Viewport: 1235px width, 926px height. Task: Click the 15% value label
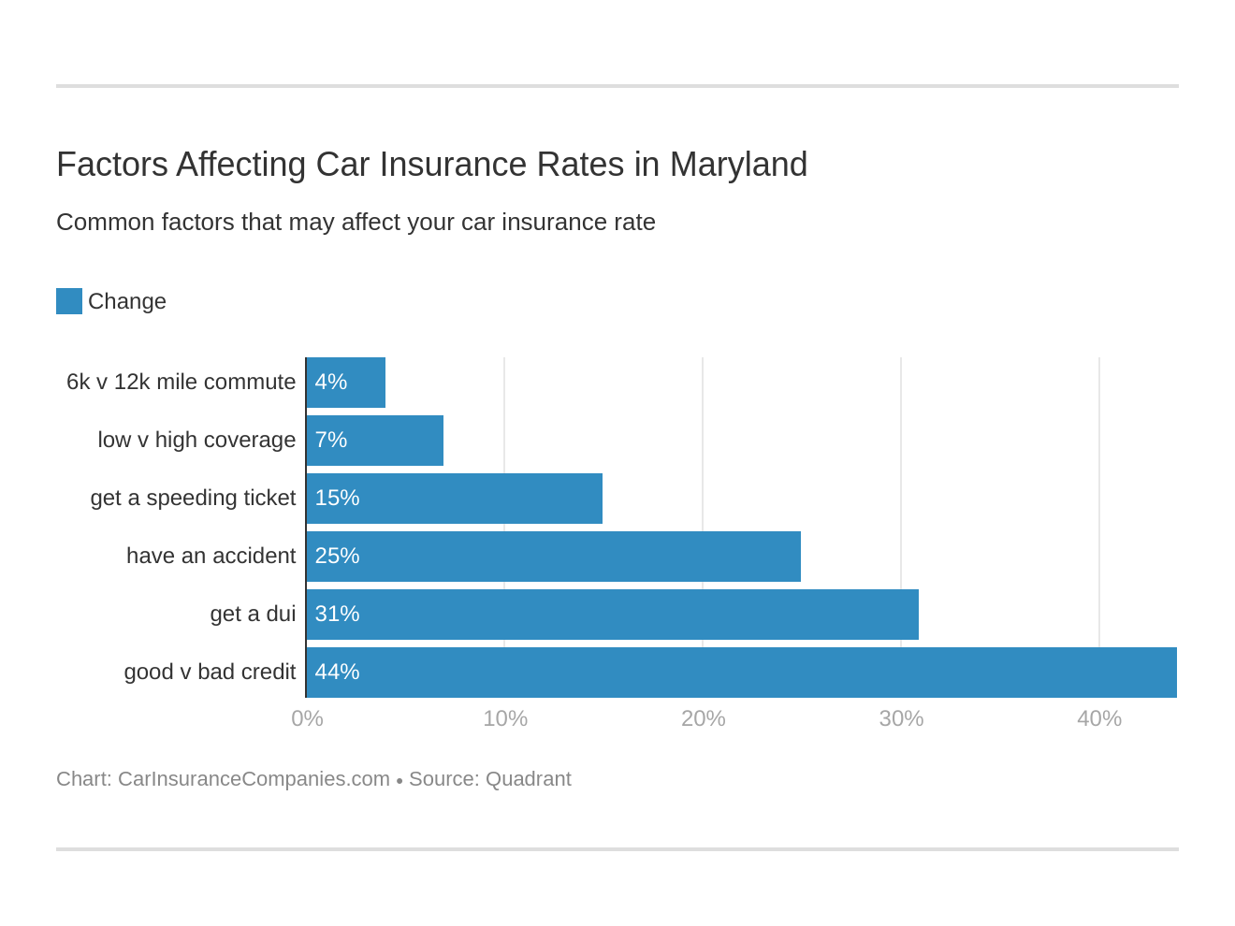tap(337, 499)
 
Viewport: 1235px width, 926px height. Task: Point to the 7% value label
tap(331, 441)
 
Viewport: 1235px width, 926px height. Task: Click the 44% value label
tap(337, 673)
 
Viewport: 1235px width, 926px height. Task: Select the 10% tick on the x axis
tap(505, 718)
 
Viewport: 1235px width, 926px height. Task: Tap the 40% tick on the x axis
tap(1099, 718)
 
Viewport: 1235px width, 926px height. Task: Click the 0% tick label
tap(307, 718)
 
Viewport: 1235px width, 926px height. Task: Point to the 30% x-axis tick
tap(901, 718)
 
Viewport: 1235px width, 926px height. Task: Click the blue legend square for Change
tap(69, 301)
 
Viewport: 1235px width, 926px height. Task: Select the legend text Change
tap(127, 301)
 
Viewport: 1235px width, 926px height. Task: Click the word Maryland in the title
tap(738, 165)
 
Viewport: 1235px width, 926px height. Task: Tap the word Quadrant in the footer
tap(529, 779)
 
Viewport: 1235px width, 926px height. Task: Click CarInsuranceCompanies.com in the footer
tap(254, 779)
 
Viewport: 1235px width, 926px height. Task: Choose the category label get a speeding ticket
tap(193, 499)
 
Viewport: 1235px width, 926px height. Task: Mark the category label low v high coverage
tap(196, 441)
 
